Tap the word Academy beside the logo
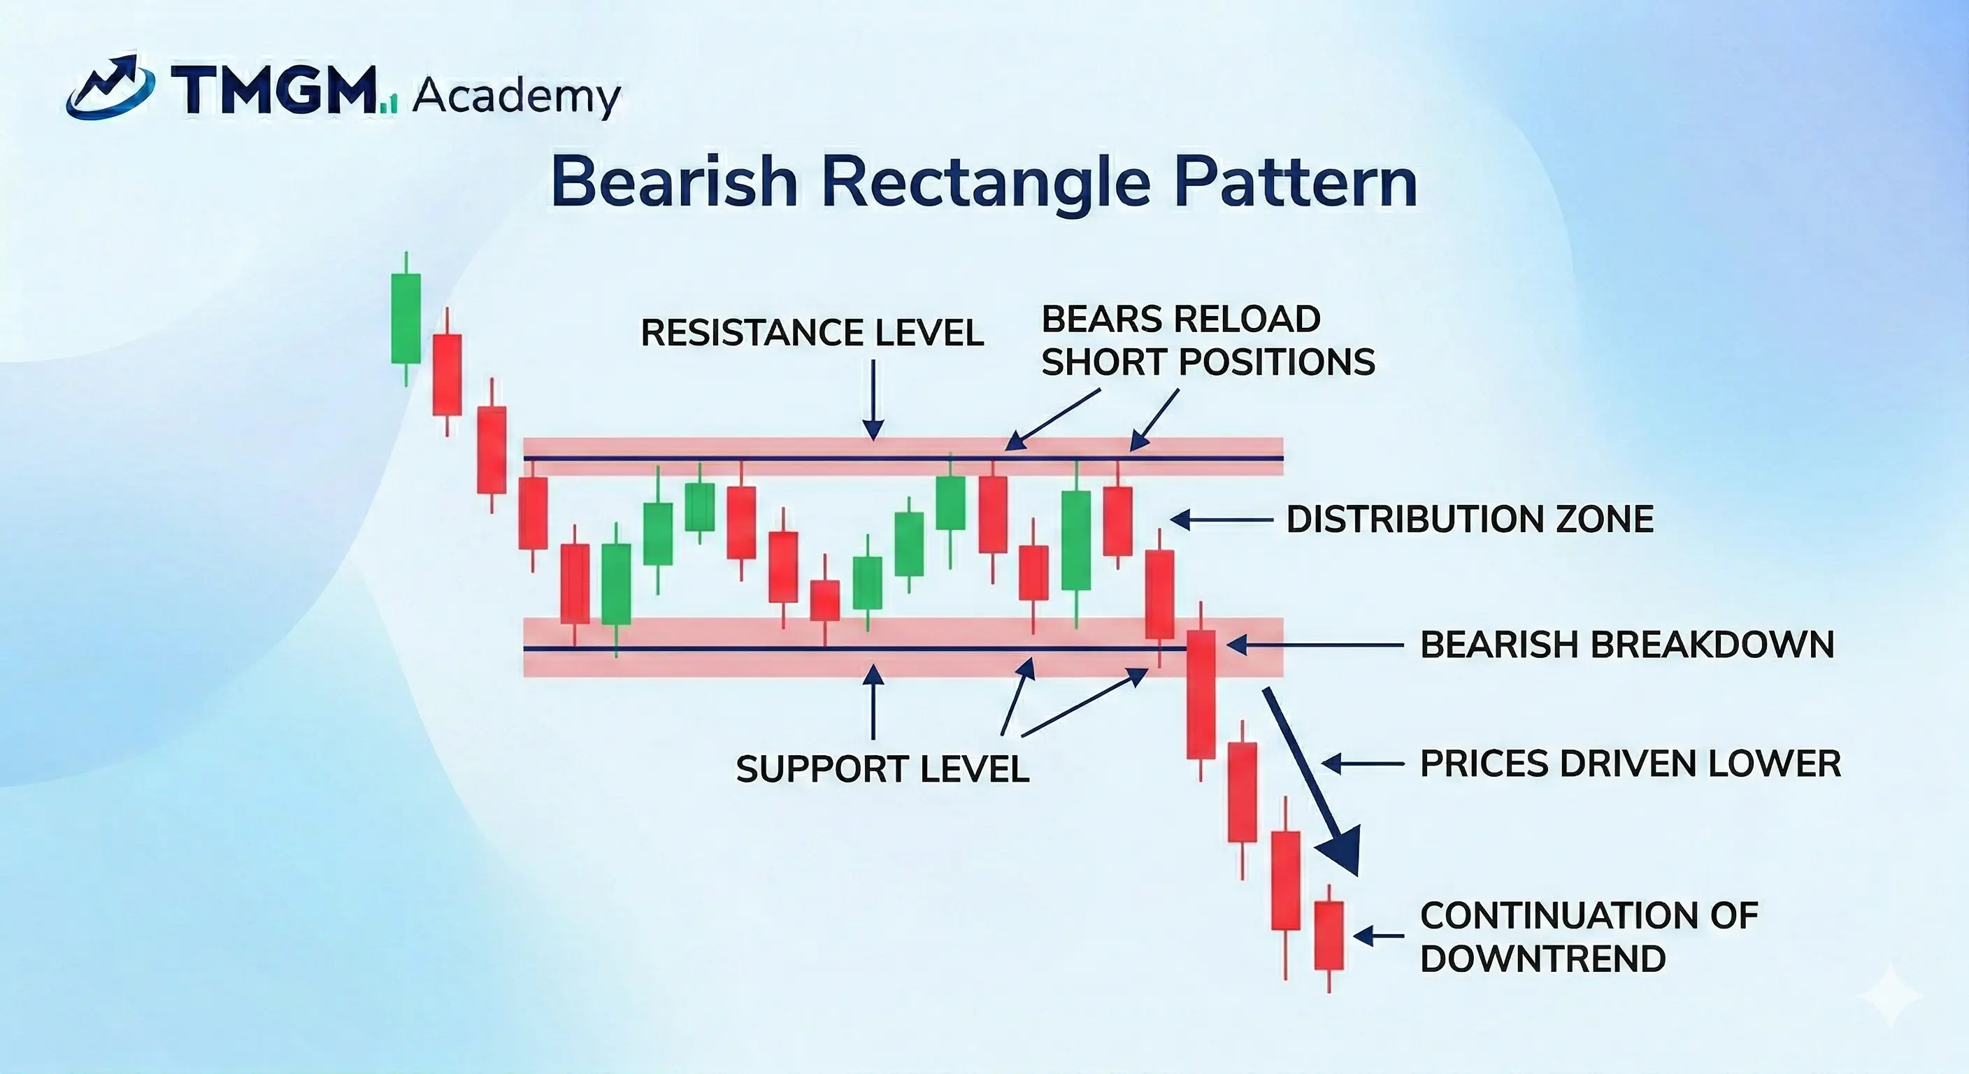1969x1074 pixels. coord(516,98)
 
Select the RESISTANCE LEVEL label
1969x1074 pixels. coord(812,334)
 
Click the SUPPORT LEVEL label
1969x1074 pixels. coord(882,769)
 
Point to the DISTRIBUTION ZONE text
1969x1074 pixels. coord(1470,520)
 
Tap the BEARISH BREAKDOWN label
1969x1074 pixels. coord(1626,645)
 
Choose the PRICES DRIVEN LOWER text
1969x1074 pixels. coord(1631,764)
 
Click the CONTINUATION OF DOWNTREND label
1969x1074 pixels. coord(1589,936)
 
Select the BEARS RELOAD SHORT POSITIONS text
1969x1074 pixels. coord(1207,341)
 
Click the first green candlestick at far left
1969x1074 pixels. coord(406,319)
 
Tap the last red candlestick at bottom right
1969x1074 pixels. coord(1329,936)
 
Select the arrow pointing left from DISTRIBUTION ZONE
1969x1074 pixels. coord(1220,520)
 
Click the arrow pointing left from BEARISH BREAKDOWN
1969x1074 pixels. coord(1314,645)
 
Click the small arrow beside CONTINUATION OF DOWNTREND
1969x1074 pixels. coord(1377,936)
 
